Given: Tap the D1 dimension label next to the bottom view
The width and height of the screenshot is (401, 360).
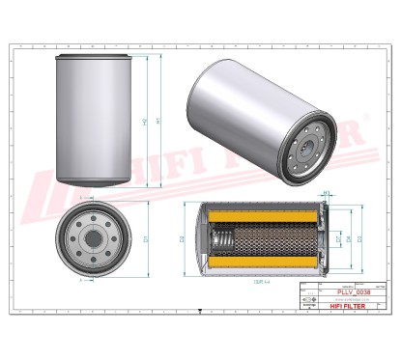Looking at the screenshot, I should coord(144,238).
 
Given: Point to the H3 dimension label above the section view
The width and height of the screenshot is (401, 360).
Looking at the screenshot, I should coord(327,195).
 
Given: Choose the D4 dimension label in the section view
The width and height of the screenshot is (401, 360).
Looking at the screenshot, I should coord(337,237).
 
